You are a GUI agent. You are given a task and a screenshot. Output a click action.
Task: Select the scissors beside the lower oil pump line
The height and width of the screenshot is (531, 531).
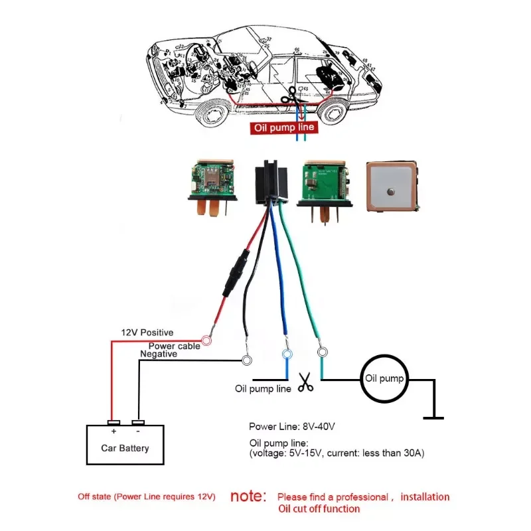click(x=305, y=382)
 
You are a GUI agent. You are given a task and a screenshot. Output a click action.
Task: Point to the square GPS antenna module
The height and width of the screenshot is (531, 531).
click(x=393, y=187)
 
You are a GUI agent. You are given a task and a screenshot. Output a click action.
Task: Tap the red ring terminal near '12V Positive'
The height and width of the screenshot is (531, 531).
click(x=206, y=341)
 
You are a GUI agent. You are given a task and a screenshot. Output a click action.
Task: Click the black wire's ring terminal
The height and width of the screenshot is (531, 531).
click(x=247, y=360)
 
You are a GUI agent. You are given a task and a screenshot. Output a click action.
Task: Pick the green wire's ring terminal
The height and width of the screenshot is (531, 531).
click(x=323, y=352)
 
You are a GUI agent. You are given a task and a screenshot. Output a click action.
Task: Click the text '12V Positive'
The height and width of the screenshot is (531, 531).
click(x=147, y=333)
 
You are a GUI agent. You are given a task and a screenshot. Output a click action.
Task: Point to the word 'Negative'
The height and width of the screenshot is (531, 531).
click(x=158, y=354)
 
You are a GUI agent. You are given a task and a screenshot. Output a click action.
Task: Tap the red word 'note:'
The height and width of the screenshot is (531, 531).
click(x=248, y=496)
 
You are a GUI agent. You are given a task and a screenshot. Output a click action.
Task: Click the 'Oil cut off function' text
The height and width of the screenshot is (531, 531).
click(x=319, y=509)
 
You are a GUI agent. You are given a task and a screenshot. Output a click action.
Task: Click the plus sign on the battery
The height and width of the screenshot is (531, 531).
click(x=114, y=431)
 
